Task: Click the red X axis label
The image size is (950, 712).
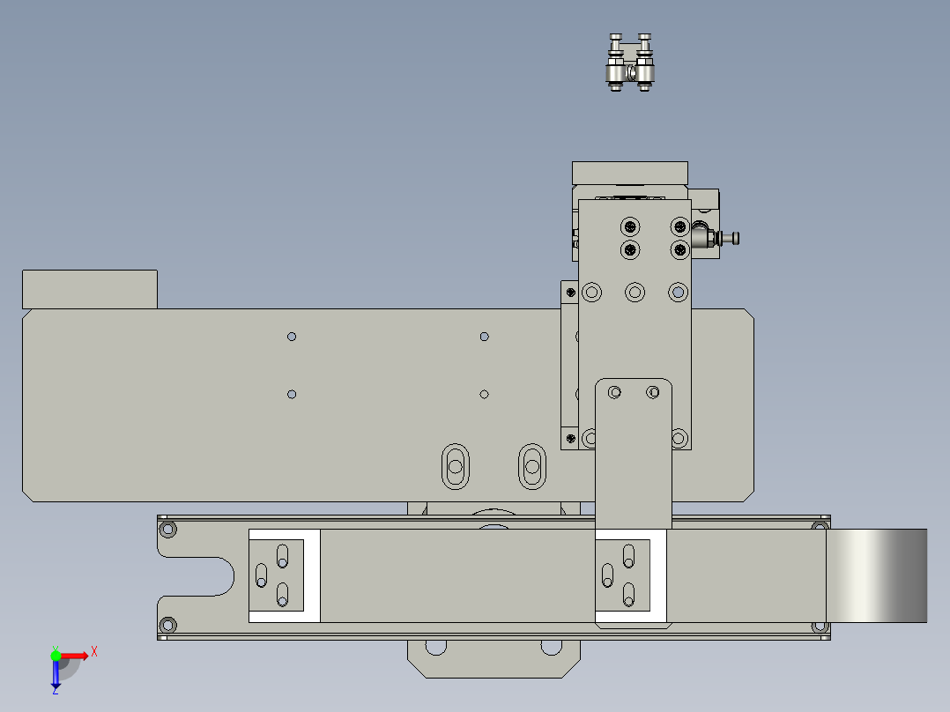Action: pyautogui.click(x=94, y=651)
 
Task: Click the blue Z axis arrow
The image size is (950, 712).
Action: pyautogui.click(x=56, y=675)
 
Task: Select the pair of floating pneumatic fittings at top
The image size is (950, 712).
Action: pyautogui.click(x=630, y=63)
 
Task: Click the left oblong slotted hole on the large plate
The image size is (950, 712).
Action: pyautogui.click(x=456, y=464)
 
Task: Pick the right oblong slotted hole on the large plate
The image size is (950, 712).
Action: pyautogui.click(x=531, y=464)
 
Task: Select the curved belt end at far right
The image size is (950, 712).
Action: pyautogui.click(x=877, y=575)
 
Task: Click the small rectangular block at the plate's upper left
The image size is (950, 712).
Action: pyautogui.click(x=89, y=289)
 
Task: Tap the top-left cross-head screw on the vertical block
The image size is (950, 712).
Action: pyautogui.click(x=630, y=225)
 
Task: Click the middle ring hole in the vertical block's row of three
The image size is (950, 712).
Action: pyautogui.click(x=635, y=292)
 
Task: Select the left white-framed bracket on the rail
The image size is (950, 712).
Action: pyautogui.click(x=283, y=575)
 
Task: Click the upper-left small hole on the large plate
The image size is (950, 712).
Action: pyautogui.click(x=292, y=337)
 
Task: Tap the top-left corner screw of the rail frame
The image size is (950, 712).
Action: pyautogui.click(x=167, y=530)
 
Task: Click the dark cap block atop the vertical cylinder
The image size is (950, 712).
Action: pyautogui.click(x=629, y=172)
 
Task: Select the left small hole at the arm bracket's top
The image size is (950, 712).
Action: pyautogui.click(x=615, y=391)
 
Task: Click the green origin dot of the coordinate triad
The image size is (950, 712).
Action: pyautogui.click(x=56, y=655)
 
